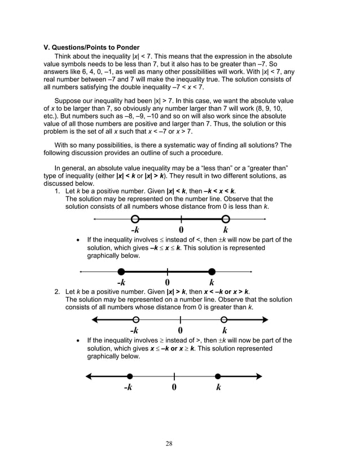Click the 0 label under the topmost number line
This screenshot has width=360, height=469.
(181, 230)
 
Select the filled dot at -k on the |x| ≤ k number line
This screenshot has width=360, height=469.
(121, 271)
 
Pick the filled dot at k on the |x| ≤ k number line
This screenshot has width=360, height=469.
(212, 271)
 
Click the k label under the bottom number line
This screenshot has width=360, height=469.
(218, 387)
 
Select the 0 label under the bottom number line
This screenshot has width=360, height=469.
(174, 387)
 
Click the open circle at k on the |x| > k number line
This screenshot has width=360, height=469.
(225, 320)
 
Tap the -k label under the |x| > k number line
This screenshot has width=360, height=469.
(134, 331)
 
